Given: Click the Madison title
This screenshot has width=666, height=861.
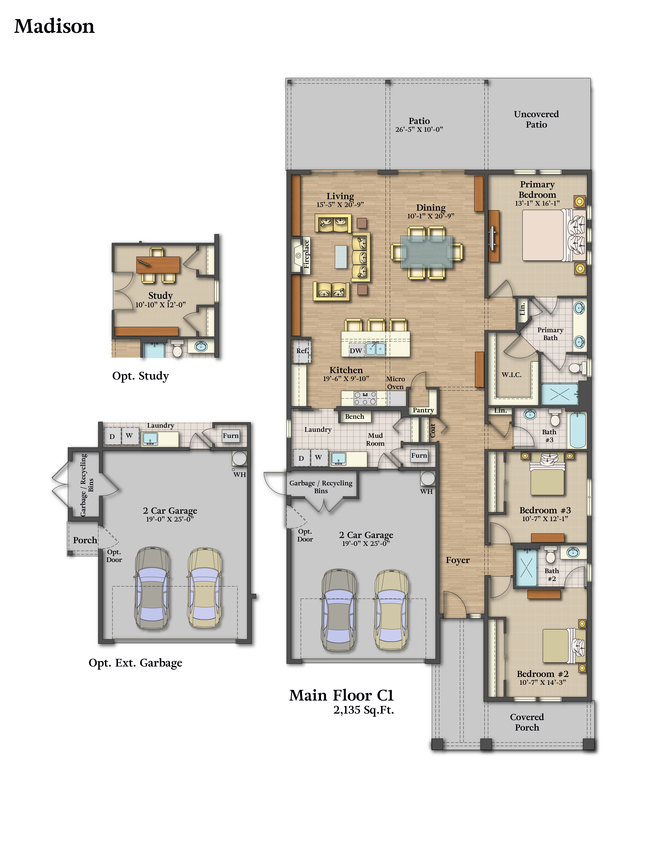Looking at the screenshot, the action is point(54,26).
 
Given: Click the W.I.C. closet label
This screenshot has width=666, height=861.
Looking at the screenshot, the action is point(511,374).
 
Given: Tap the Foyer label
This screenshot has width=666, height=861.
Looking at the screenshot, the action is point(458,560).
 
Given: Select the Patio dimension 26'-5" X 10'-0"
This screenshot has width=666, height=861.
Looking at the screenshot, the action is point(419,129).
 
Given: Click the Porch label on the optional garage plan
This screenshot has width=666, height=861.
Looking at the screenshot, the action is point(85,540).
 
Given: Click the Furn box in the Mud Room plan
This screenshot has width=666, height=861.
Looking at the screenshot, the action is point(419,456).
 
